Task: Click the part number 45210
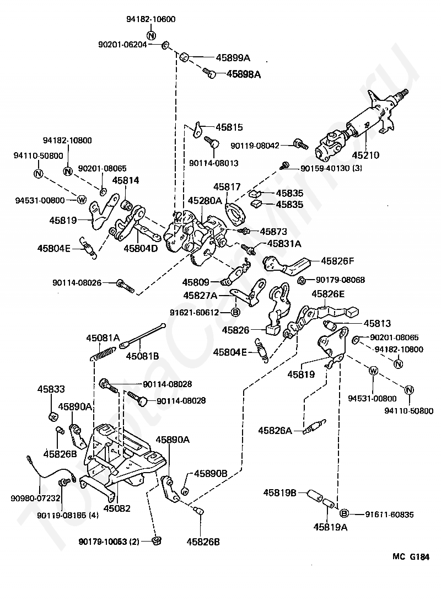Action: pos(365,155)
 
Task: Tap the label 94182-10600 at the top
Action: pos(150,19)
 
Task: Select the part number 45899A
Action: pos(233,58)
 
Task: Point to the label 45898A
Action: pos(244,74)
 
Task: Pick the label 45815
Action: pos(229,127)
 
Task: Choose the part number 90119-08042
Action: pos(255,146)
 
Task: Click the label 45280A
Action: pos(205,201)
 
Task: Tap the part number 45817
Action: pos(227,187)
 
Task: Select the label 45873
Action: pos(273,232)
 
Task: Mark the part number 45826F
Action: pos(337,261)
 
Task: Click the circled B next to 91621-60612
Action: pos(235,312)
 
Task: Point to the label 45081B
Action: pos(142,356)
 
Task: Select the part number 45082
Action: pos(117,508)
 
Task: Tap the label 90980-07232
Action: pos(36,498)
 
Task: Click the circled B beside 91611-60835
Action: pos(344,513)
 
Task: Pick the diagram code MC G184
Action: pos(411,557)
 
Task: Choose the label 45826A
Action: pos(275,431)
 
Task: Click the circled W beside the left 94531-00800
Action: pos(81,200)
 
